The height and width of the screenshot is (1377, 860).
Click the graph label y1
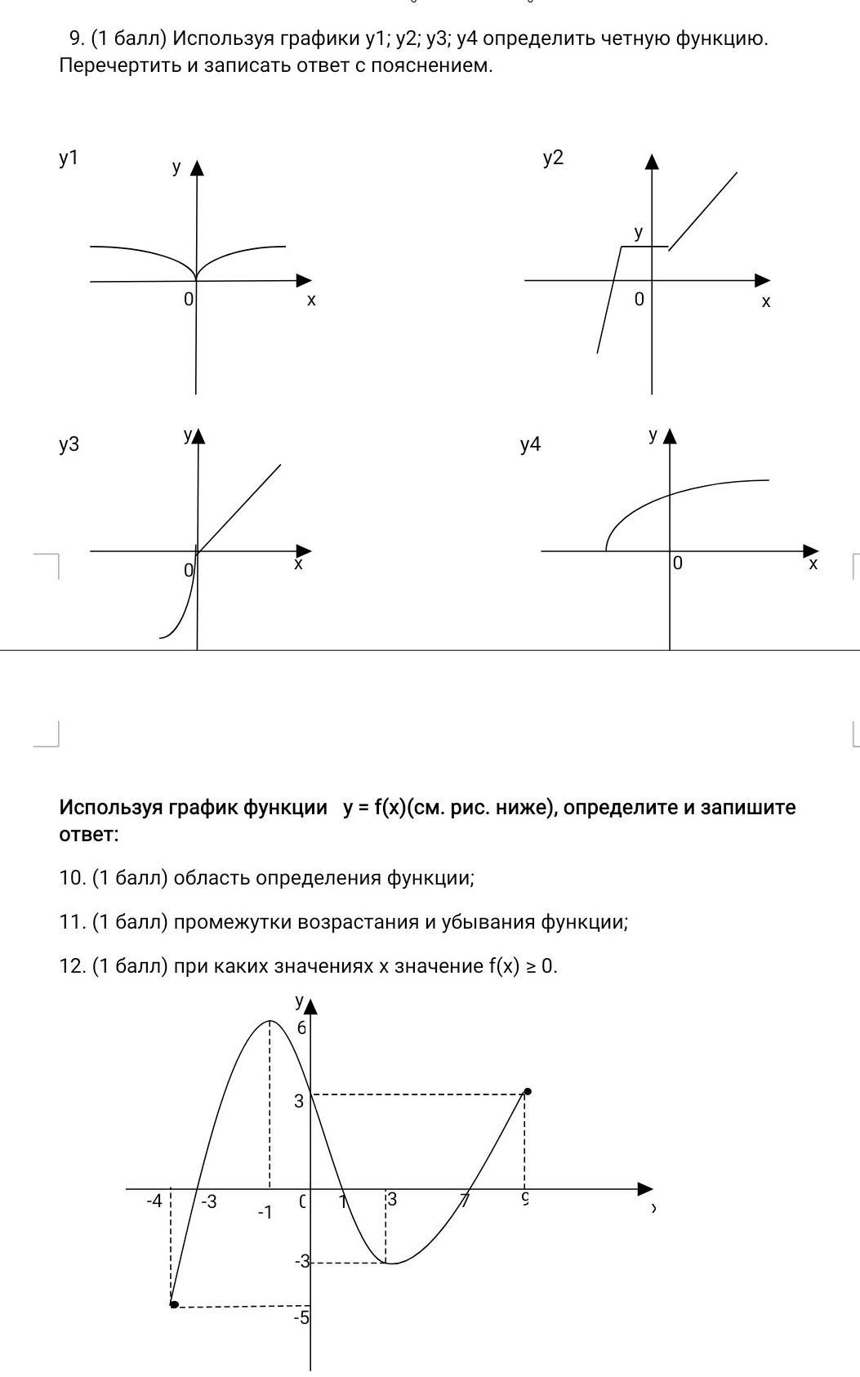coord(69,158)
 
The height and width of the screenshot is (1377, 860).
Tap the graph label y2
coord(553,158)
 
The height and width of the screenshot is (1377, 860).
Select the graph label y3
coord(69,444)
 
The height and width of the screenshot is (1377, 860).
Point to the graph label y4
coord(530,444)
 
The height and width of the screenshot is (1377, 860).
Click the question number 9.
coord(76,38)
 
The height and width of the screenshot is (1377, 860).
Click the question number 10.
coord(72,878)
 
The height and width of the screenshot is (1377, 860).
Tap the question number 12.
coord(72,966)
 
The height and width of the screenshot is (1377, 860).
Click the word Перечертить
coord(119,65)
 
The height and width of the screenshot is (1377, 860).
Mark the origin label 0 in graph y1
coord(189,299)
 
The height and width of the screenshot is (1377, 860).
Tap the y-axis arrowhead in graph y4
coord(671,436)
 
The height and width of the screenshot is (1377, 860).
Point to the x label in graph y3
coord(298,564)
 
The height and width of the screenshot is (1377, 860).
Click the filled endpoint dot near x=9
coord(528,1091)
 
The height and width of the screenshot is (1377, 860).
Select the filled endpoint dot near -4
coord(174,1304)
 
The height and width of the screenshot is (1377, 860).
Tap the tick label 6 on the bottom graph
coord(301,1028)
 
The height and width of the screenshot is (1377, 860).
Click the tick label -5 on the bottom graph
coord(301,1317)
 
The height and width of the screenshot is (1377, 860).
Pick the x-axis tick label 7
coord(465,1201)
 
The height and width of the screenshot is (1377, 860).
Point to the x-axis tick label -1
coord(265,1213)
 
